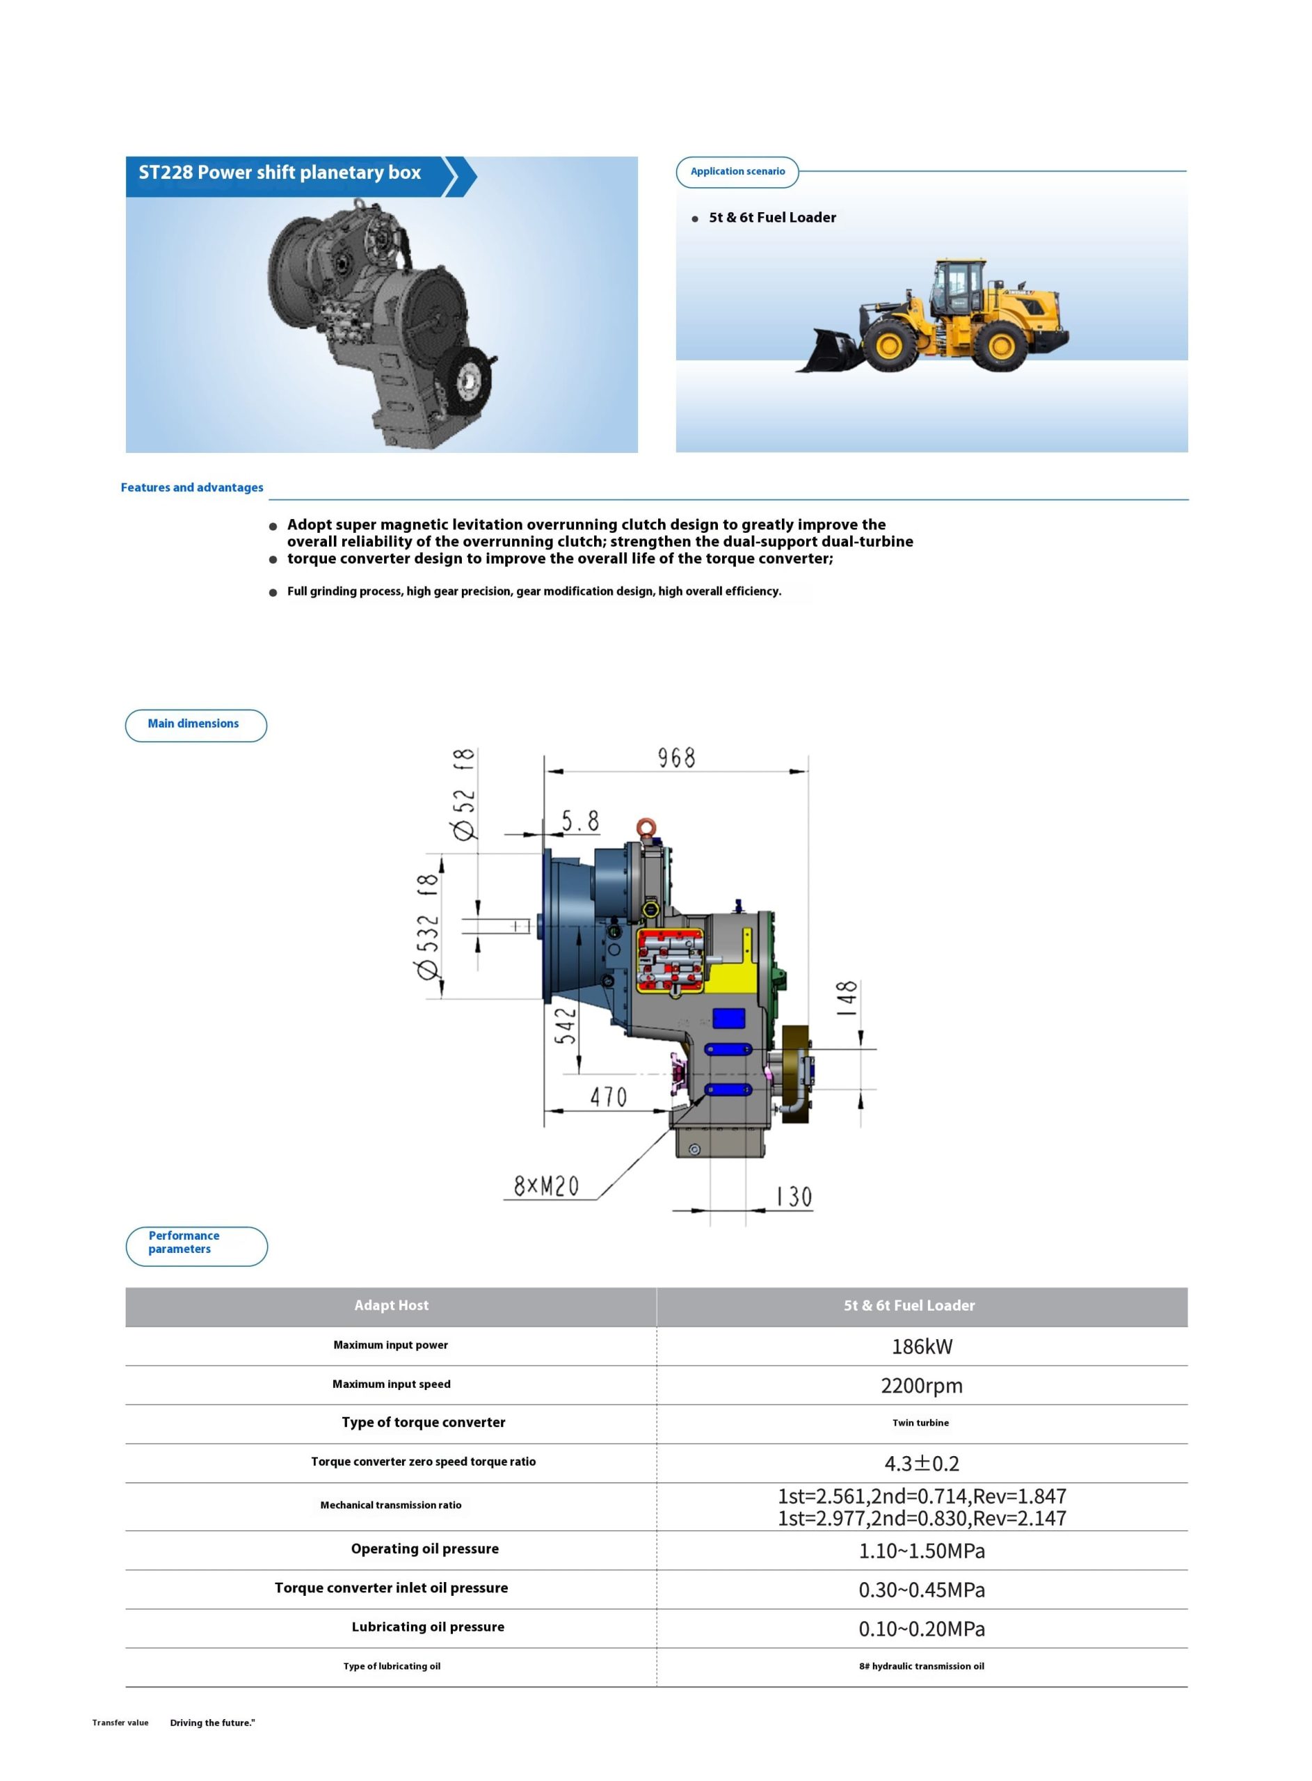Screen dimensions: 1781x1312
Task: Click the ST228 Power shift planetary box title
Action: [280, 173]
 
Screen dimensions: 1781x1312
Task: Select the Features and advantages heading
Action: [192, 488]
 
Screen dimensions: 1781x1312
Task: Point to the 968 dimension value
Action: [676, 758]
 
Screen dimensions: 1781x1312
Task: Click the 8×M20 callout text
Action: [546, 1186]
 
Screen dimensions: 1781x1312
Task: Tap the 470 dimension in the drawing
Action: [609, 1097]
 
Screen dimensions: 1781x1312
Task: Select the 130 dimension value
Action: [794, 1197]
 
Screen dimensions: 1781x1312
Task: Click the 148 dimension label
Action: [847, 999]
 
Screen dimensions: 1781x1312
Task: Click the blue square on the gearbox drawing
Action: [728, 1019]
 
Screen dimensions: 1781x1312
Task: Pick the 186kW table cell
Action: [921, 1347]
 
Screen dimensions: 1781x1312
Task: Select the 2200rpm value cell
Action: [921, 1386]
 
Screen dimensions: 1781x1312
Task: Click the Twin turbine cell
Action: [920, 1423]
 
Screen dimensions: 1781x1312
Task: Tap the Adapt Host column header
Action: [391, 1305]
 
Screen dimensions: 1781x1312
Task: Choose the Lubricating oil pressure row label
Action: [427, 1627]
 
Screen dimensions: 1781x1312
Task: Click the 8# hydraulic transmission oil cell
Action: [921, 1666]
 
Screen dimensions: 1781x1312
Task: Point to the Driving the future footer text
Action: [212, 1723]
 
